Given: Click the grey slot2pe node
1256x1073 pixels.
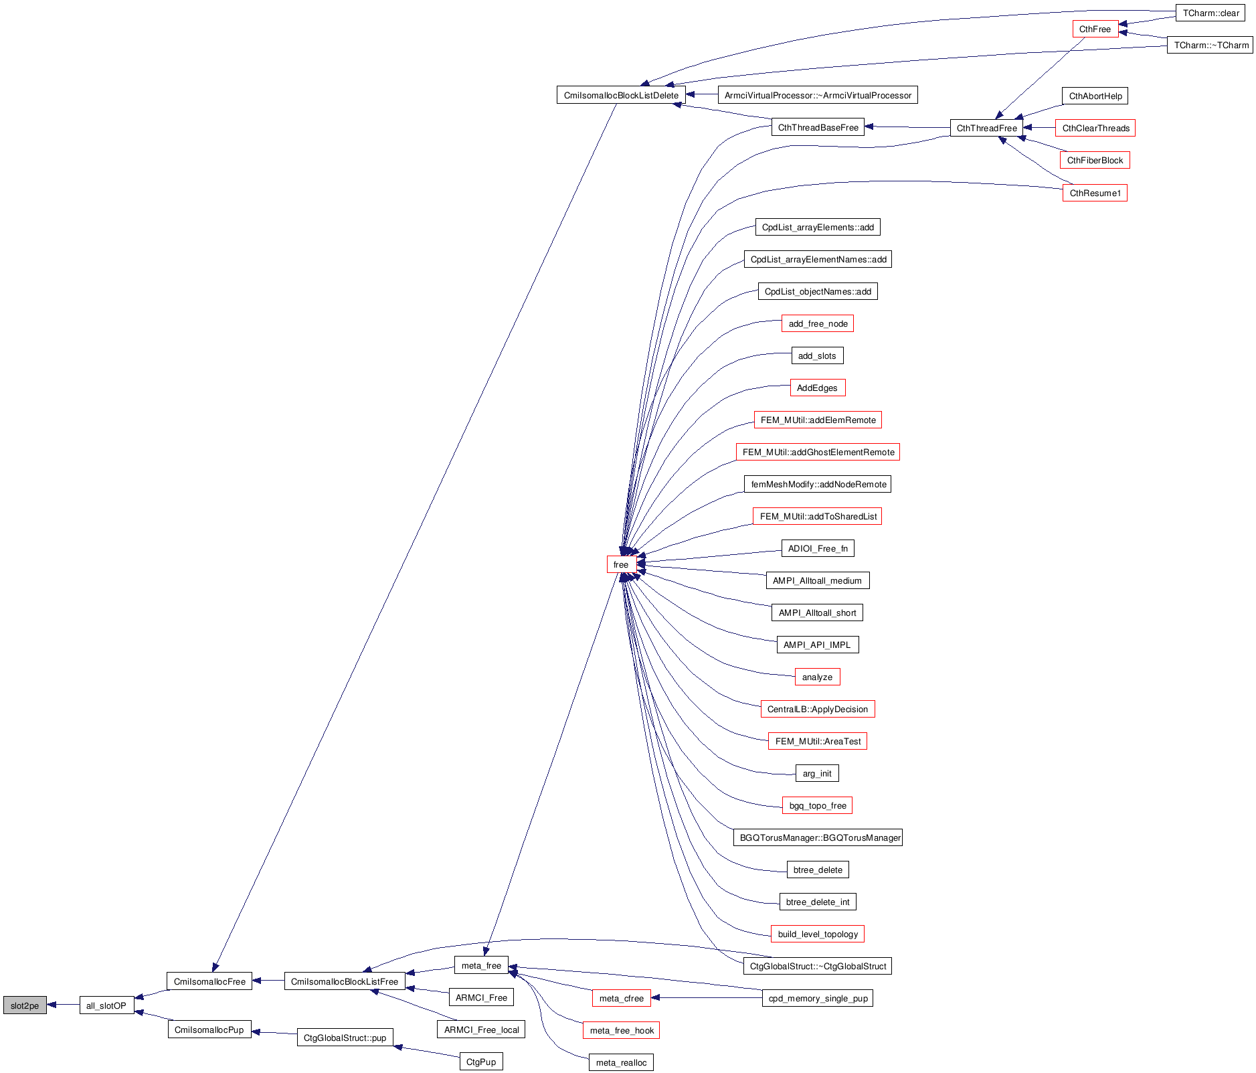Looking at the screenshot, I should click(x=25, y=1005).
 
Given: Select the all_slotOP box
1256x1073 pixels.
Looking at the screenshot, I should click(x=106, y=1005).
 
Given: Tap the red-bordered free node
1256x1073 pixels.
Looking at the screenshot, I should click(x=621, y=564).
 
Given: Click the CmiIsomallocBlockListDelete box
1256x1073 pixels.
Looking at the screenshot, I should click(x=621, y=95).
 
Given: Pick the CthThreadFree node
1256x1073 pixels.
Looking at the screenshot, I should click(x=986, y=128).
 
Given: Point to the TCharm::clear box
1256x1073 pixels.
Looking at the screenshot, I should click(x=1210, y=13).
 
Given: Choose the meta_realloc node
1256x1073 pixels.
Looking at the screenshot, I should click(x=621, y=1062).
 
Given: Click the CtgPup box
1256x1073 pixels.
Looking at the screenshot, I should click(x=481, y=1062).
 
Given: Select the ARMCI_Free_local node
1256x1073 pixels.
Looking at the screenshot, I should click(x=481, y=1029).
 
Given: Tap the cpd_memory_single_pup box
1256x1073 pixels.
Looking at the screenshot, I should click(x=818, y=998).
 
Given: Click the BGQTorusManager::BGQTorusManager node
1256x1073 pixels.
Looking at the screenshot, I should click(x=818, y=837).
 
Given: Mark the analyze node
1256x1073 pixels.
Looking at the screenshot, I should click(x=817, y=677).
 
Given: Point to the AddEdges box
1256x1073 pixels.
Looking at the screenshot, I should click(x=817, y=388).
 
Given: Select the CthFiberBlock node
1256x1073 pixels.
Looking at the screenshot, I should click(x=1095, y=160).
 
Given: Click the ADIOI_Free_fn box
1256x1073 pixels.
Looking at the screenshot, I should click(x=818, y=548).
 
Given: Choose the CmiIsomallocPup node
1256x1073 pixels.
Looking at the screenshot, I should click(x=209, y=1029).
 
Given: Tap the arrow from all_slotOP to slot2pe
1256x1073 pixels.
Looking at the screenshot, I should click(x=64, y=1005).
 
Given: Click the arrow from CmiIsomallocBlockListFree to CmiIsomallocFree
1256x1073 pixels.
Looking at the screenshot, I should click(x=268, y=981).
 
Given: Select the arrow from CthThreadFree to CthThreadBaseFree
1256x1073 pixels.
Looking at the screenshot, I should click(x=907, y=127).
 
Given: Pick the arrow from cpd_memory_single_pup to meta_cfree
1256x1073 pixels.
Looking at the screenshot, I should click(x=706, y=997).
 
